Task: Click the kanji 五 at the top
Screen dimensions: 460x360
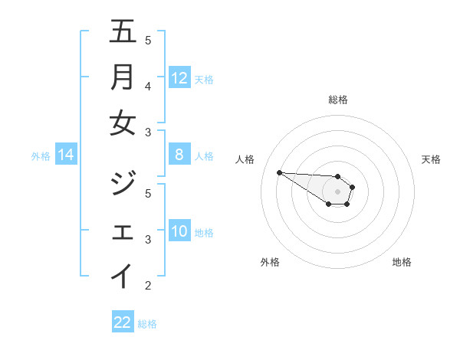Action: tap(123, 32)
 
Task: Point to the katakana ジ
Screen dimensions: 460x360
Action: tap(123, 184)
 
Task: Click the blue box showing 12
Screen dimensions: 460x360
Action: tap(179, 77)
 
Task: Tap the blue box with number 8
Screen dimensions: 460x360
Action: tap(179, 155)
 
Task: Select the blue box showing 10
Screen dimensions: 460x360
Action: tap(179, 231)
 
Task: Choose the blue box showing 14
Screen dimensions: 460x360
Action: tap(66, 155)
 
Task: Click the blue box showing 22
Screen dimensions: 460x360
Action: tap(123, 322)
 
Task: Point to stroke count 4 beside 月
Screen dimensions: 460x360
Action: tap(148, 86)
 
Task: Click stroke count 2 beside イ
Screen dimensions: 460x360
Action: tap(148, 286)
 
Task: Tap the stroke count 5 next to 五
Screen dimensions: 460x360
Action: tap(148, 40)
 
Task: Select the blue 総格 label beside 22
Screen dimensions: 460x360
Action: tap(147, 324)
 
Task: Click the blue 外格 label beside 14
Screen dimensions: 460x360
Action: tap(41, 156)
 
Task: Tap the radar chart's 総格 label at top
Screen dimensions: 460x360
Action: tap(338, 100)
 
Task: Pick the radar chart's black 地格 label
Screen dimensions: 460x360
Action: tap(402, 262)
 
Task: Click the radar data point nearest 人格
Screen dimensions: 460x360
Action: tap(279, 172)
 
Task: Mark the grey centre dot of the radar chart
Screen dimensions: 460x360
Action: tap(337, 191)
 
